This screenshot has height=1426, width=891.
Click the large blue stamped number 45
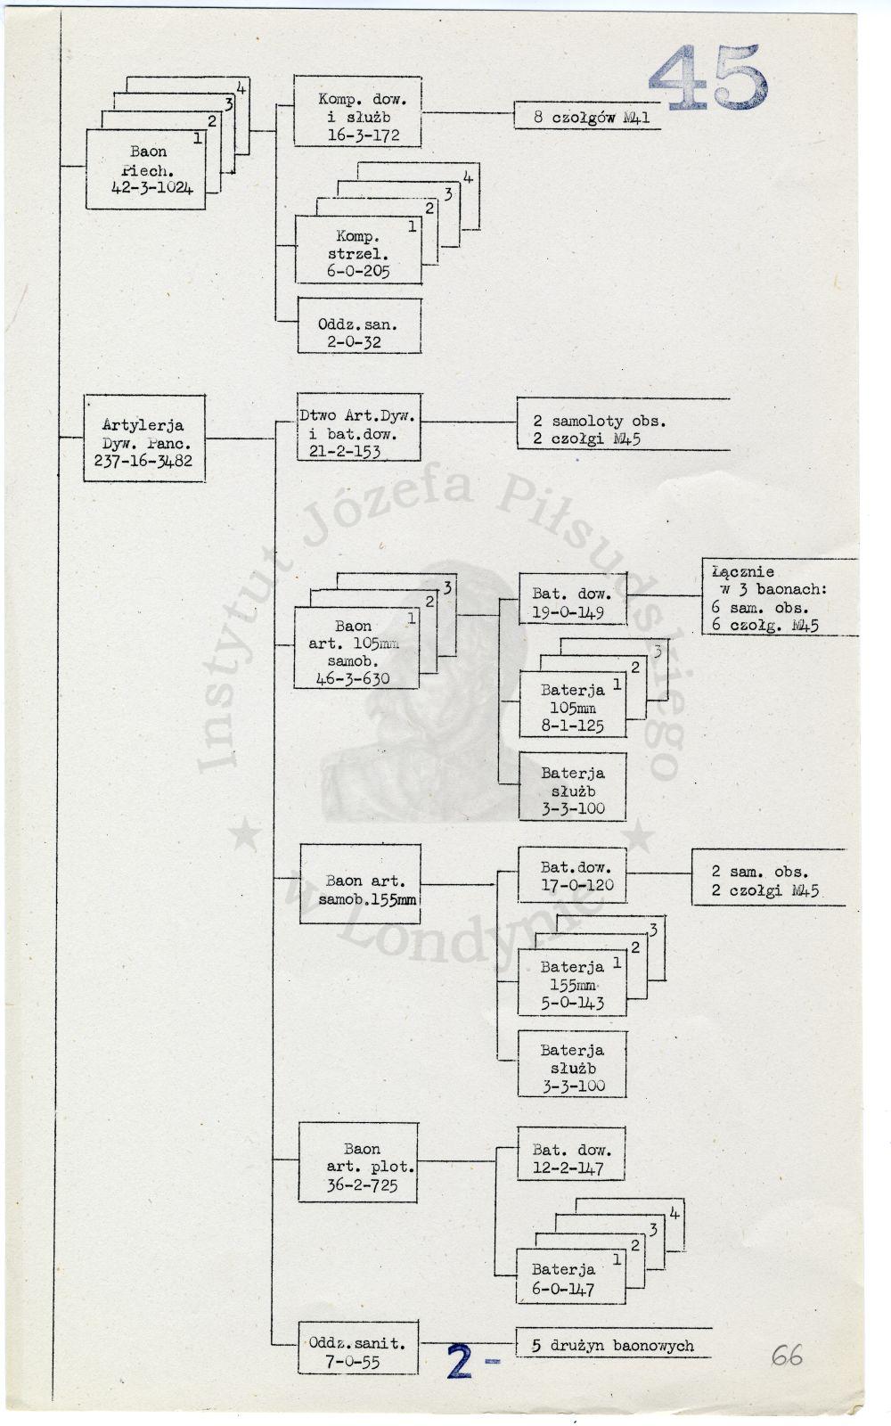[x=708, y=78]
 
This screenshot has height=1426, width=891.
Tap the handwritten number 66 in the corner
[x=787, y=1356]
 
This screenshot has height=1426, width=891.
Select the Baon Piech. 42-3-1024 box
[x=146, y=169]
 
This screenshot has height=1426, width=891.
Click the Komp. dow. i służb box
[x=357, y=111]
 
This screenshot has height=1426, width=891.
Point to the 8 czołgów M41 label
[x=587, y=116]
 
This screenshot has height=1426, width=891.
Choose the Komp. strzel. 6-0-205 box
[x=358, y=250]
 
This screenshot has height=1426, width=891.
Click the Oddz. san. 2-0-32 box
[x=360, y=325]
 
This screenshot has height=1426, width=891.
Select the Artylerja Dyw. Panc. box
[x=144, y=438]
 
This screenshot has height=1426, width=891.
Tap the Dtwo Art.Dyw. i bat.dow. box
[x=359, y=427]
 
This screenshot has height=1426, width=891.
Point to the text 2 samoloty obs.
[x=600, y=421]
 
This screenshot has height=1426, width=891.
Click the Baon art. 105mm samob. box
[x=356, y=648]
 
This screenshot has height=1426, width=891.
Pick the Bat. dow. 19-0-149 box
[x=573, y=599]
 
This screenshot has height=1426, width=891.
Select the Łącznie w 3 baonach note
[x=780, y=597]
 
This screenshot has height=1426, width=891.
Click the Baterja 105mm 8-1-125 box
[x=573, y=704]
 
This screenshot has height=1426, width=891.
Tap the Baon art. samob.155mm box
[x=360, y=883]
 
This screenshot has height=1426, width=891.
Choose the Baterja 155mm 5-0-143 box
[x=572, y=982]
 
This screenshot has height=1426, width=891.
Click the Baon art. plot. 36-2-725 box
[x=358, y=1162]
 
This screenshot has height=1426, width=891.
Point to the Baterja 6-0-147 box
[x=571, y=1275]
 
